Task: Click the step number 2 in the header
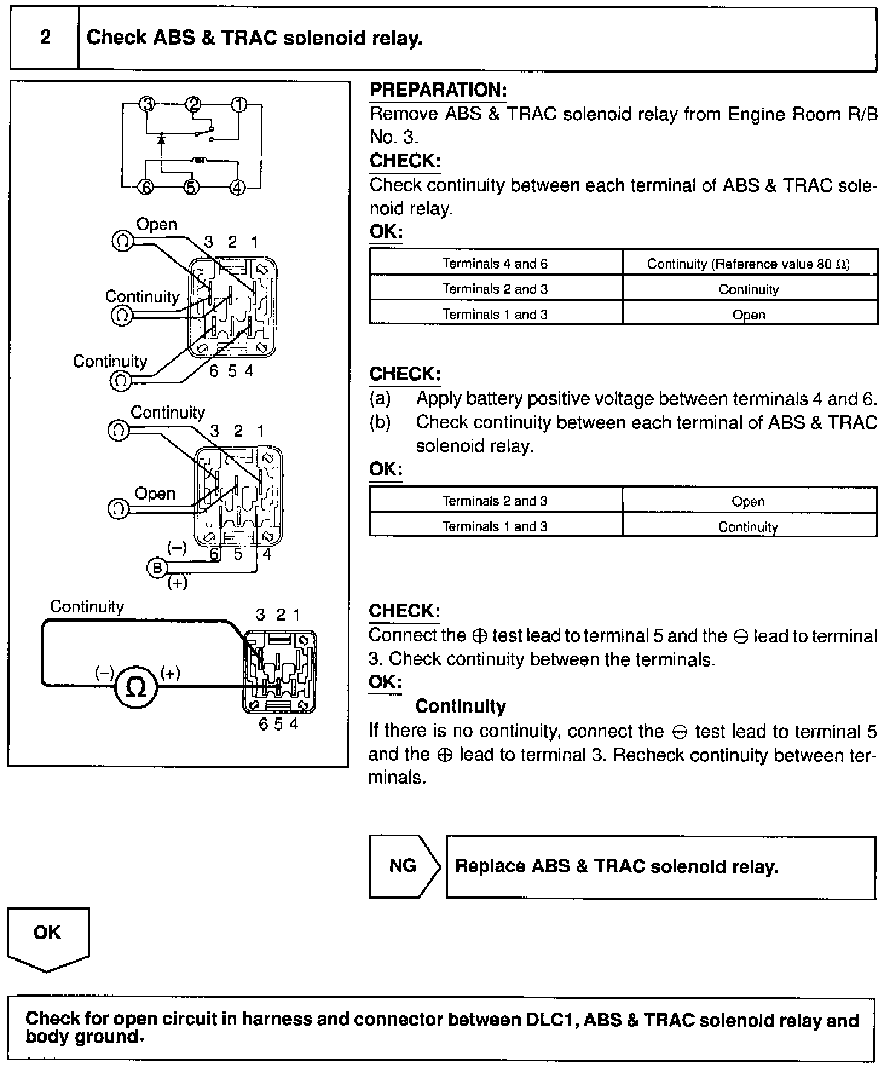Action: tap(45, 38)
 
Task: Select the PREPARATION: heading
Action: tap(438, 90)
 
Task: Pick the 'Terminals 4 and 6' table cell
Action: tap(495, 263)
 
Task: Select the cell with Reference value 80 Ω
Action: tap(749, 264)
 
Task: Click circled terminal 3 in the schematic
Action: tap(147, 104)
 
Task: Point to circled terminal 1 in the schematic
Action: tap(239, 104)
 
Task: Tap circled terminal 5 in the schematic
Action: tap(191, 188)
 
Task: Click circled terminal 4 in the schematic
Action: tap(238, 188)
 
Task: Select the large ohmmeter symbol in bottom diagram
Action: tap(136, 686)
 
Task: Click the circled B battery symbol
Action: tap(157, 568)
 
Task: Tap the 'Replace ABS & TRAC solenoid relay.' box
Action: tap(660, 867)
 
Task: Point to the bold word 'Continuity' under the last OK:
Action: tap(460, 706)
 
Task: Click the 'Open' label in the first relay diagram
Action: tap(157, 224)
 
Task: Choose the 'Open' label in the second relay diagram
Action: tap(155, 494)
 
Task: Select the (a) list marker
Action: tap(380, 399)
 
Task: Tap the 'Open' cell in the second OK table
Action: tap(748, 501)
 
